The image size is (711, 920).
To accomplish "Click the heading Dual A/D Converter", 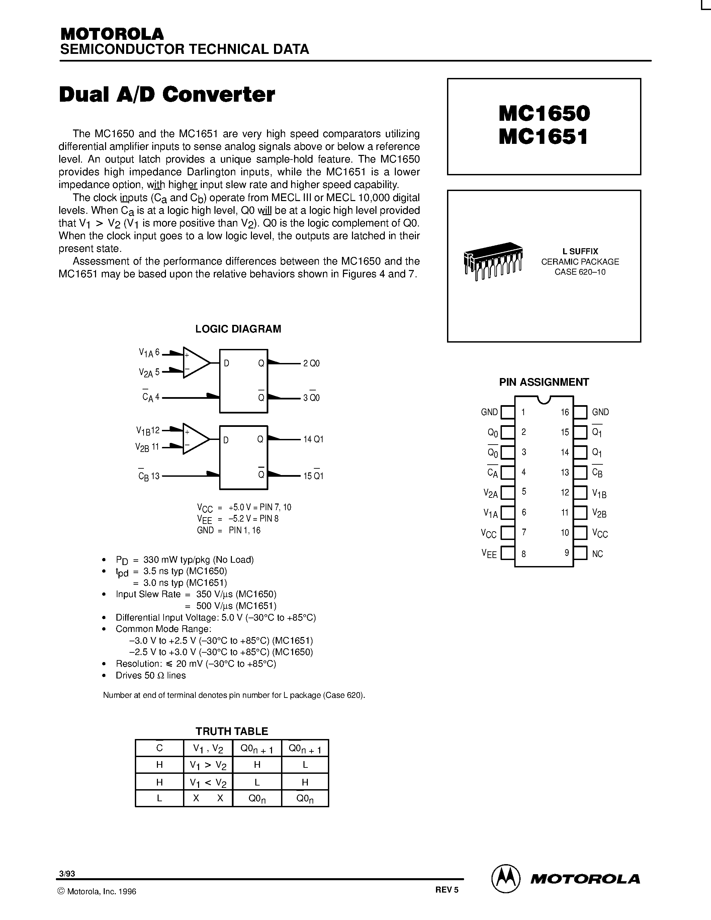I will [x=167, y=94].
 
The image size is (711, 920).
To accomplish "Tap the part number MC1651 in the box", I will [x=543, y=137].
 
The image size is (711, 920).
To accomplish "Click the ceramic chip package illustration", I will [x=493, y=260].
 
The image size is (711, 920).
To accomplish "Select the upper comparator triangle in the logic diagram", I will [x=195, y=363].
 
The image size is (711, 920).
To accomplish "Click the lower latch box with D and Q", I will [x=244, y=457].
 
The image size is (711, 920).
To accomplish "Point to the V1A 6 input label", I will [x=149, y=353].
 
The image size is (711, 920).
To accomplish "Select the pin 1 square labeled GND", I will [x=508, y=412].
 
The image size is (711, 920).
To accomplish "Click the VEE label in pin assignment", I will [x=489, y=554].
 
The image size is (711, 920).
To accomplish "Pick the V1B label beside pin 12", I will [x=599, y=493].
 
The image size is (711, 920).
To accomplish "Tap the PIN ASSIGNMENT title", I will [x=544, y=382].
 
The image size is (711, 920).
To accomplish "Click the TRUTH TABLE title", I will [x=232, y=731].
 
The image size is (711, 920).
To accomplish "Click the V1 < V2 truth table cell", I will [x=208, y=783].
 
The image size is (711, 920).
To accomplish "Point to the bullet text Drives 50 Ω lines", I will [x=150, y=675].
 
